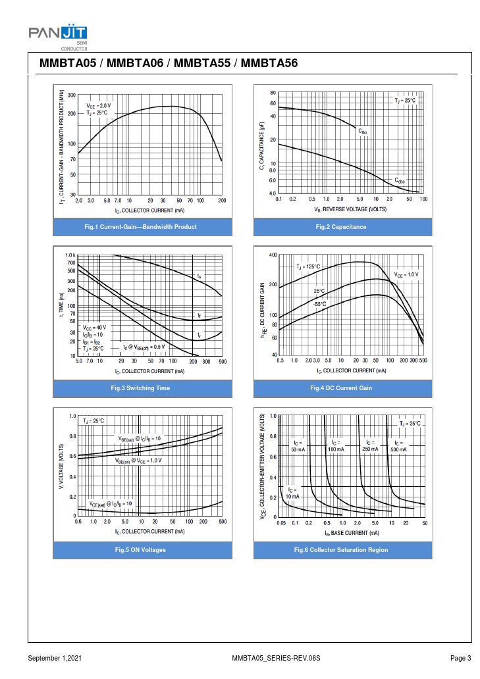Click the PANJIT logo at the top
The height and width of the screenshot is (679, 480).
tap(58, 33)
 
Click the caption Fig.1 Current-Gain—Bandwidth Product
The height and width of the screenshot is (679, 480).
tap(141, 227)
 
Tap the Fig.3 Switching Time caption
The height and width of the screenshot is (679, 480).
tap(141, 388)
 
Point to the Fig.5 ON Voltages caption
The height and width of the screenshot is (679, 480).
tap(141, 550)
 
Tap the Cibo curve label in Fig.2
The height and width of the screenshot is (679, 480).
tap(363, 132)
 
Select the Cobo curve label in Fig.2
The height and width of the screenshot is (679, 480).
tap(400, 180)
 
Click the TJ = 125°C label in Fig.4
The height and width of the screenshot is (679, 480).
tap(307, 266)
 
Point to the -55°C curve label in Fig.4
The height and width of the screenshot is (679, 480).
tap(319, 304)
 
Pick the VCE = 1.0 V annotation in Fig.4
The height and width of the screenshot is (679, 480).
tap(406, 274)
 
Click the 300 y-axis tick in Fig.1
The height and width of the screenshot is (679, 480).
tap(72, 95)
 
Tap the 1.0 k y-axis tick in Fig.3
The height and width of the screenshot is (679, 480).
tap(70, 255)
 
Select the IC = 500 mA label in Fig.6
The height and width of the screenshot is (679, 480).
tap(398, 446)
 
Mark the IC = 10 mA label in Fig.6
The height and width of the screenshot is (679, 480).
tap(292, 493)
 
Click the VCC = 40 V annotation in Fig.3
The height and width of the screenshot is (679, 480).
tap(94, 327)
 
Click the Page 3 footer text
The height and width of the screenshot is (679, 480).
tap(460, 659)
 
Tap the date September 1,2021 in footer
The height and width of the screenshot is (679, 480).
tap(55, 659)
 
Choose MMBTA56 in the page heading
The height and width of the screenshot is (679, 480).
tap(270, 64)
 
